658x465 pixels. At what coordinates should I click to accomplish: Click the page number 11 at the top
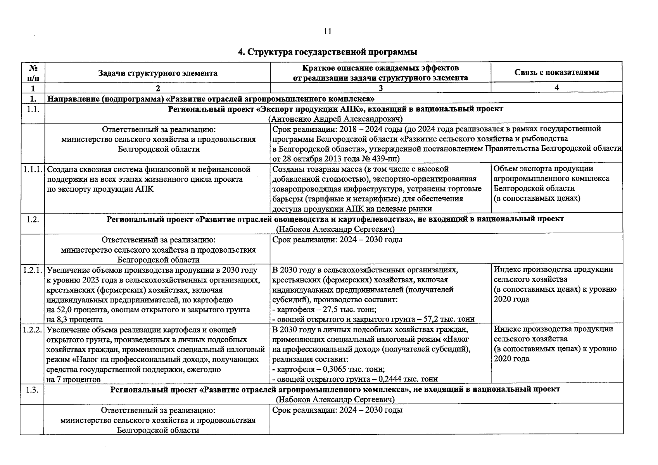(x=327, y=32)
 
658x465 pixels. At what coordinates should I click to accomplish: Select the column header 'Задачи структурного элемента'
(x=157, y=73)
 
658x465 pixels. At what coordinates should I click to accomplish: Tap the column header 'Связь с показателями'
(x=556, y=72)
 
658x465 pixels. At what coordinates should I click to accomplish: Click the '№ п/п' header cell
(x=33, y=72)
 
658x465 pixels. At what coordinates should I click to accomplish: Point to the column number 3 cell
(x=380, y=88)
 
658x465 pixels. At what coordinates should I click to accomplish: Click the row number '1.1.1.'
(x=33, y=169)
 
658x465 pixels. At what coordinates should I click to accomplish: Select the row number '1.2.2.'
(x=33, y=329)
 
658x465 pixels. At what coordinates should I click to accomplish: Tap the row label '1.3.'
(x=33, y=389)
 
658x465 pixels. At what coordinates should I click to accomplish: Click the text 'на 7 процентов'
(x=73, y=379)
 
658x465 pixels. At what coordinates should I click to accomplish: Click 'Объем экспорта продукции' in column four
(x=543, y=169)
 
